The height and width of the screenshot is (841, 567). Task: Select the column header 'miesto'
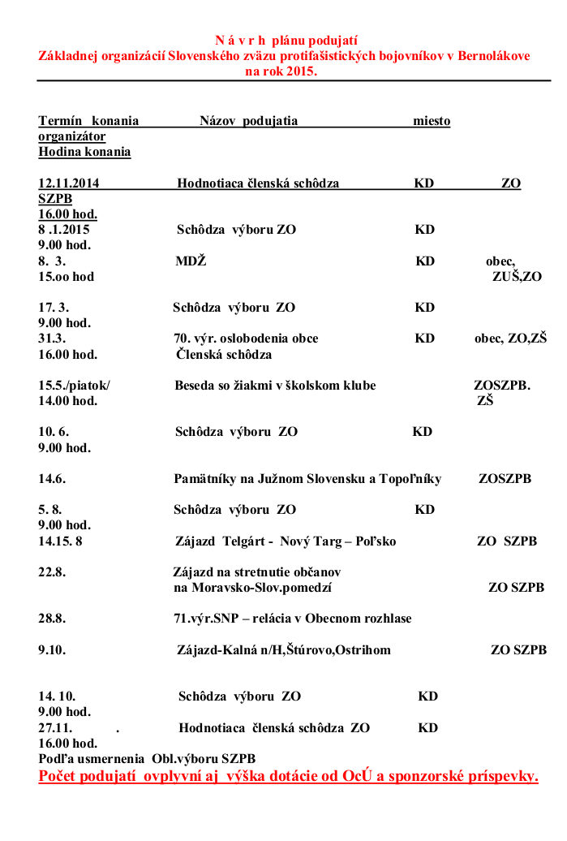[x=432, y=121]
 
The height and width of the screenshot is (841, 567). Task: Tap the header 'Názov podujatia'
[x=248, y=121]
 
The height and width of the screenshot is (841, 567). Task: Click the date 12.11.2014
[x=69, y=183]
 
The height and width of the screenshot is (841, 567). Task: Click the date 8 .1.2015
[x=64, y=230]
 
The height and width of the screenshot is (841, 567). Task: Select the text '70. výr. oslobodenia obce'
[x=246, y=339]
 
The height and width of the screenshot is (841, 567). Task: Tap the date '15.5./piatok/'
[x=74, y=386]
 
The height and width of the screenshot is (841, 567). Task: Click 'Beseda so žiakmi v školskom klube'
[x=275, y=386]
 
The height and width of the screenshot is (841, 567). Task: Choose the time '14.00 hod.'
[x=67, y=401]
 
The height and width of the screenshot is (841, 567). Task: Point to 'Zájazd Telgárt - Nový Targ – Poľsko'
[x=286, y=541]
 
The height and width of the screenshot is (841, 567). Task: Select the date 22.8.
[x=52, y=571]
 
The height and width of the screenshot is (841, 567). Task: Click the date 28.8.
[x=52, y=619]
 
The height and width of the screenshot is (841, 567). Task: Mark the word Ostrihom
[x=362, y=650]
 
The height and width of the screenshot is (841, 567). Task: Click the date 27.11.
[x=55, y=728]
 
